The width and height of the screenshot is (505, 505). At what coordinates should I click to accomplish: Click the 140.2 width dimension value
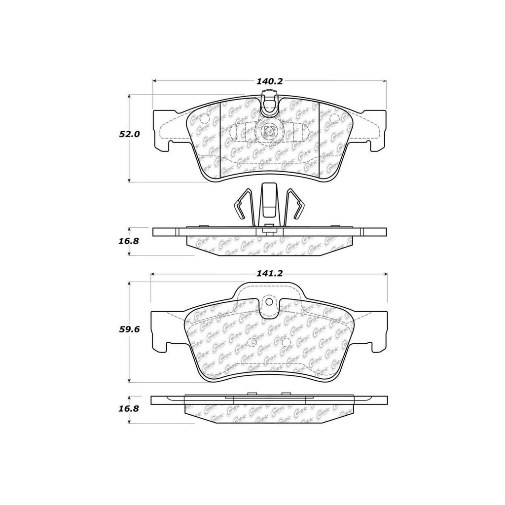(x=269, y=81)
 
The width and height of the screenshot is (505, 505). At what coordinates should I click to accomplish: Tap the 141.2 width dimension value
(x=269, y=274)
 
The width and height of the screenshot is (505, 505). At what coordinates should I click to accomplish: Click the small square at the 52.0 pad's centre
(x=269, y=131)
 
